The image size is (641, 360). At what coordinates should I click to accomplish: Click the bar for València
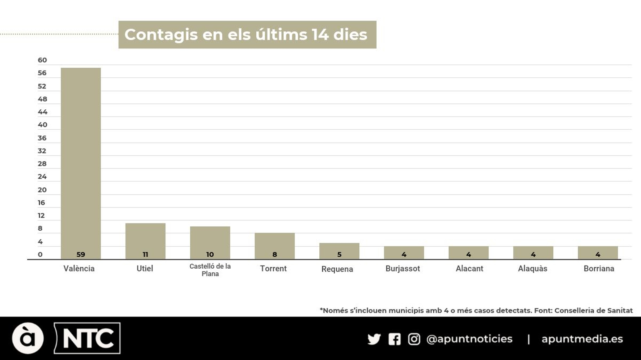81,160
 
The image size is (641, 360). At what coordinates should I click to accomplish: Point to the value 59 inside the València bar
81,254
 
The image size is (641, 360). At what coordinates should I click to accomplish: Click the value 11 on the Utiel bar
145,254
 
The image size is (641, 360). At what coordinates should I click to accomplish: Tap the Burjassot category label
403,268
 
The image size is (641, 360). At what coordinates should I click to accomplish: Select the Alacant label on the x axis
469,268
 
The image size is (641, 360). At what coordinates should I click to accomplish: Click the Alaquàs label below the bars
532,268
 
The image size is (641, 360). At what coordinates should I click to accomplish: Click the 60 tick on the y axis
42,60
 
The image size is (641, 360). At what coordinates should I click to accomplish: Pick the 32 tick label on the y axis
42,151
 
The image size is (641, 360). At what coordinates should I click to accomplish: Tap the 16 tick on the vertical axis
41,203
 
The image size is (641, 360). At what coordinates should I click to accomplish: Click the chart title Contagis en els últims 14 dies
246,35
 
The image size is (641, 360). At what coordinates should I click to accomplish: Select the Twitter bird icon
374,339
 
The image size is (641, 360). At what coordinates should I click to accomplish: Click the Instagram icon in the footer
414,339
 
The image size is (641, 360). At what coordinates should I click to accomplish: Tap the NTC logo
88,338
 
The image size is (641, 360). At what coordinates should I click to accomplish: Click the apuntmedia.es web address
582,339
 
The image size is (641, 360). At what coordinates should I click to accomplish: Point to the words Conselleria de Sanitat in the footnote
593,310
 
